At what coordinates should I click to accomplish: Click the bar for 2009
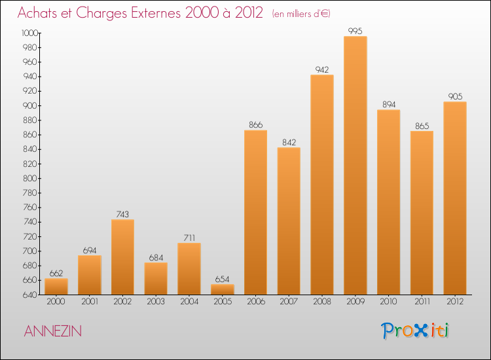pyautogui.click(x=355, y=166)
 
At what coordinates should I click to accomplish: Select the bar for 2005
pyautogui.click(x=223, y=289)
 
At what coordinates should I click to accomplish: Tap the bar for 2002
pyautogui.click(x=122, y=257)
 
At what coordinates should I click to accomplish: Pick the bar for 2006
pyautogui.click(x=255, y=212)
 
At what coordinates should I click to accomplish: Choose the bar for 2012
pyautogui.click(x=455, y=198)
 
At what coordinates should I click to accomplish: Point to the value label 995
pyautogui.click(x=355, y=31)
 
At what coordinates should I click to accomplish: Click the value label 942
pyautogui.click(x=322, y=69)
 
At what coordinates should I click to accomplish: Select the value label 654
pyautogui.click(x=223, y=279)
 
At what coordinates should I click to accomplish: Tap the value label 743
pyautogui.click(x=122, y=214)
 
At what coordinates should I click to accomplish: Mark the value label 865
pyautogui.click(x=422, y=126)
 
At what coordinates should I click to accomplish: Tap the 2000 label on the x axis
pyautogui.click(x=56, y=302)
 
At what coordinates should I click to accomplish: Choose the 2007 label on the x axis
pyautogui.click(x=289, y=302)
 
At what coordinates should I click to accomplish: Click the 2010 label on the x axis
pyautogui.click(x=388, y=302)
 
